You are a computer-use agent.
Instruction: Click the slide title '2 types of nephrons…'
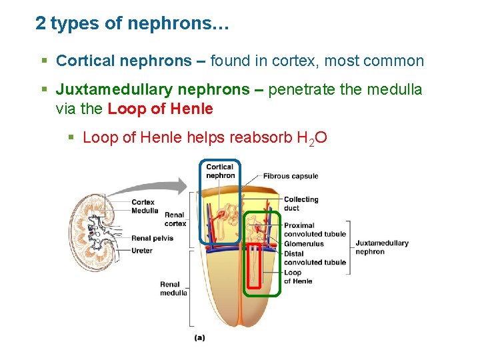click(132, 24)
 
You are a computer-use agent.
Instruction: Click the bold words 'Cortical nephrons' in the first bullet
click(123, 61)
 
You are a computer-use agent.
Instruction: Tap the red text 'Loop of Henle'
click(160, 108)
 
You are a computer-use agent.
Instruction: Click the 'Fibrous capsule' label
click(290, 177)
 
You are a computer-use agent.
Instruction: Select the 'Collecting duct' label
click(301, 203)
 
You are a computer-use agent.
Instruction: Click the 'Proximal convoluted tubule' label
click(315, 230)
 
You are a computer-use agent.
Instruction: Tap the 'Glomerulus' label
click(303, 244)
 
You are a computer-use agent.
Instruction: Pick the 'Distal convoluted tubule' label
click(315, 258)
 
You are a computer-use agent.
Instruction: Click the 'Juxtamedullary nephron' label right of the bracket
click(382, 247)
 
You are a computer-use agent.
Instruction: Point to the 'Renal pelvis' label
click(151, 238)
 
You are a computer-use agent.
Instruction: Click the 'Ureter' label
click(142, 251)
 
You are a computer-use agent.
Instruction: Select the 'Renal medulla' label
click(173, 289)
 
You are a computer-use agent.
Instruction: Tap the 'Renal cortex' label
click(175, 219)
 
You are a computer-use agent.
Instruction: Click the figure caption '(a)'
click(199, 337)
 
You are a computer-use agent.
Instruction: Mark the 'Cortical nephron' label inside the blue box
click(220, 171)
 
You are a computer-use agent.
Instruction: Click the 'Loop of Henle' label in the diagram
click(297, 277)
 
